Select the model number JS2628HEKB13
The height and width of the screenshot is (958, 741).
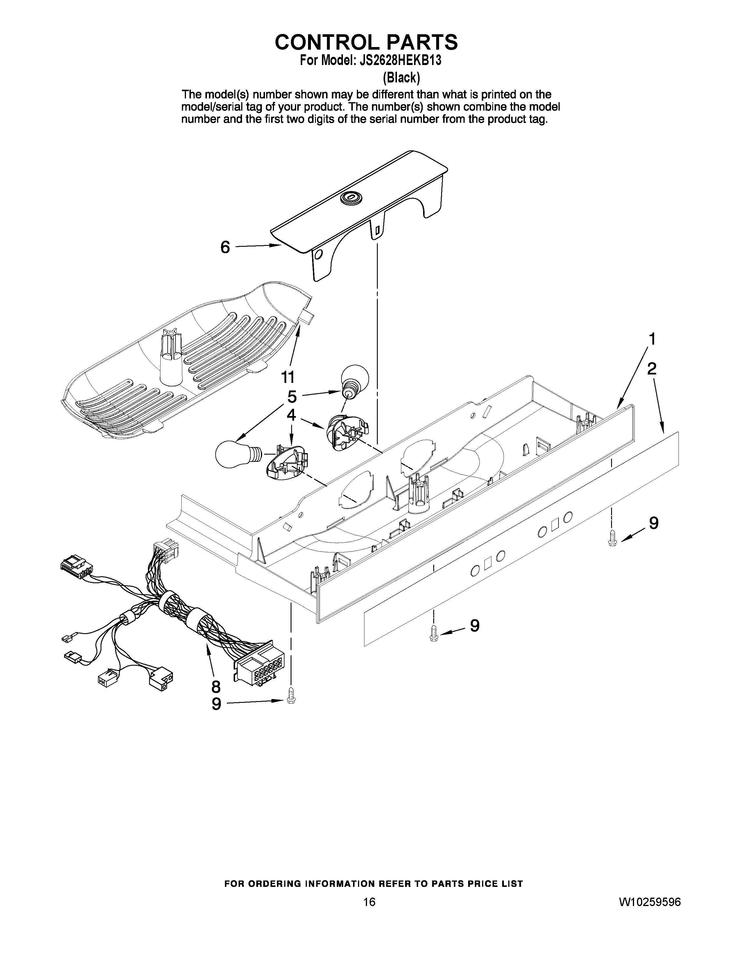pyautogui.click(x=403, y=61)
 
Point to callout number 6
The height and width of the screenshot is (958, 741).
pyautogui.click(x=225, y=247)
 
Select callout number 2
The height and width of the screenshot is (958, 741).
pyautogui.click(x=652, y=368)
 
